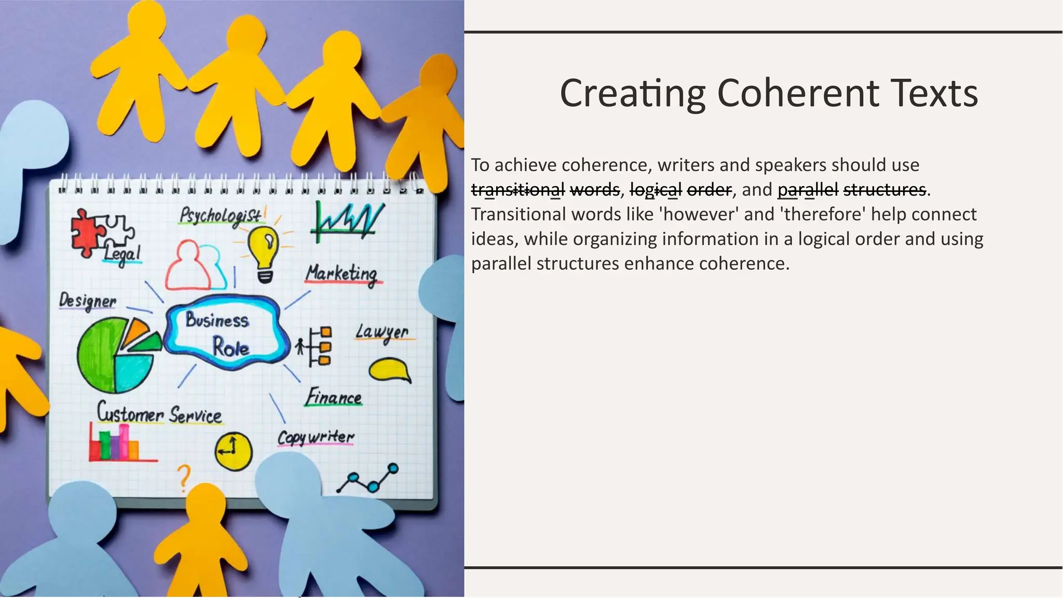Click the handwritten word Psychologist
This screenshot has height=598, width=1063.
pyautogui.click(x=221, y=215)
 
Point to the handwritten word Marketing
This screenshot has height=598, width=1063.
pyautogui.click(x=342, y=273)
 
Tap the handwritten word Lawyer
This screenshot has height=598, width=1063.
pyautogui.click(x=383, y=332)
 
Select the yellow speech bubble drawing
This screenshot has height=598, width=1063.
pyautogui.click(x=388, y=370)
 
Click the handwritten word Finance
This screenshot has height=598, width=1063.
pyautogui.click(x=333, y=397)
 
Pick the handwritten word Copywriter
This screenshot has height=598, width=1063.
pyautogui.click(x=316, y=437)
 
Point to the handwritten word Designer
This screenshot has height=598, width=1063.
pyautogui.click(x=88, y=301)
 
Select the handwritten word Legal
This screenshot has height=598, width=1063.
pyautogui.click(x=122, y=254)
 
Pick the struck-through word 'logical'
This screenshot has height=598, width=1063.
pyautogui.click(x=656, y=190)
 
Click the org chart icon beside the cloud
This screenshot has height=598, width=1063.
pyautogui.click(x=316, y=346)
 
